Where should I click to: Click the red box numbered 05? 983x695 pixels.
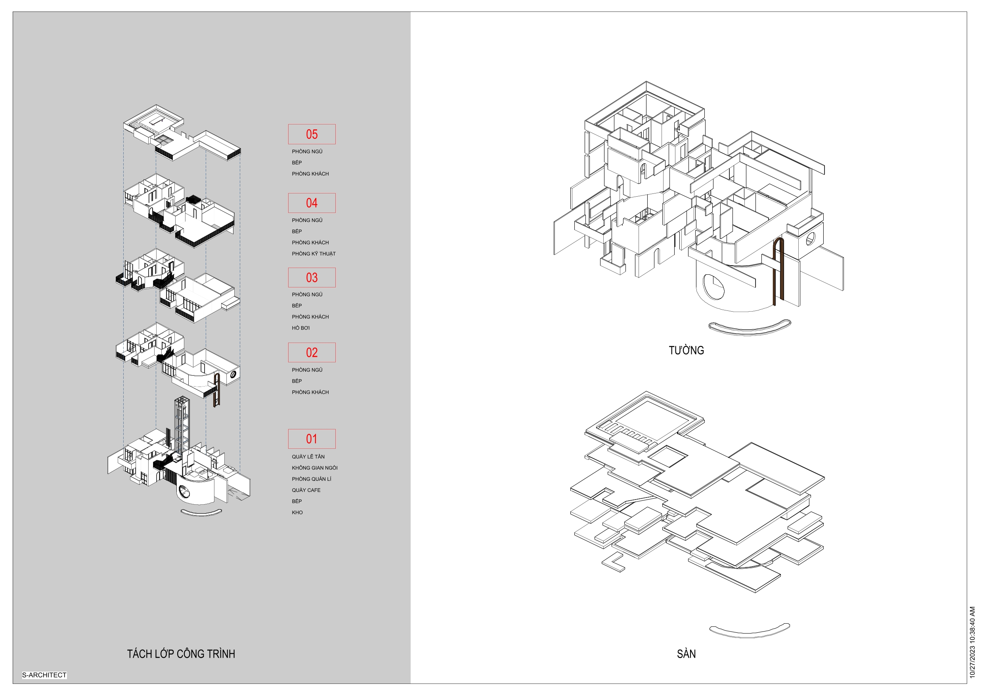[312, 134]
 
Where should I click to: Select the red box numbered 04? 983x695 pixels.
[312, 203]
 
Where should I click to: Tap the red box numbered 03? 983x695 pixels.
[312, 278]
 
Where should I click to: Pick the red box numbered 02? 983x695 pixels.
[312, 352]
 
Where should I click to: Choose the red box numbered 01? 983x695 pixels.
[312, 439]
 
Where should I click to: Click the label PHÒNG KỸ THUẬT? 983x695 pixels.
[314, 253]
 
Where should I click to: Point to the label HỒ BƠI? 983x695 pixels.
[300, 328]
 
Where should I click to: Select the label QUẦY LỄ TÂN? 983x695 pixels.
[308, 456]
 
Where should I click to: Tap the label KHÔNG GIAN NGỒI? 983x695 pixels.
[315, 467]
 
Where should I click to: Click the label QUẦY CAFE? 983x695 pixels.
[306, 490]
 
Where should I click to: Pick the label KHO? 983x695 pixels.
[297, 512]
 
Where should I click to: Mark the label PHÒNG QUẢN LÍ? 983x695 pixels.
[312, 479]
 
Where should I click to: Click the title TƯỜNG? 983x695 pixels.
[686, 350]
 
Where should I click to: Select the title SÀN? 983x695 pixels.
[686, 654]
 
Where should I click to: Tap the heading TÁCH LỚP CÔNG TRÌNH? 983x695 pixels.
[181, 654]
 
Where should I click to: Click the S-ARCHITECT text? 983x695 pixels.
[44, 675]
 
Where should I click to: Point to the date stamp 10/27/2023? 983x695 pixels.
[972, 642]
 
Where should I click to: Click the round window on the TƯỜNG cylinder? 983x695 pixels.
[713, 287]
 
